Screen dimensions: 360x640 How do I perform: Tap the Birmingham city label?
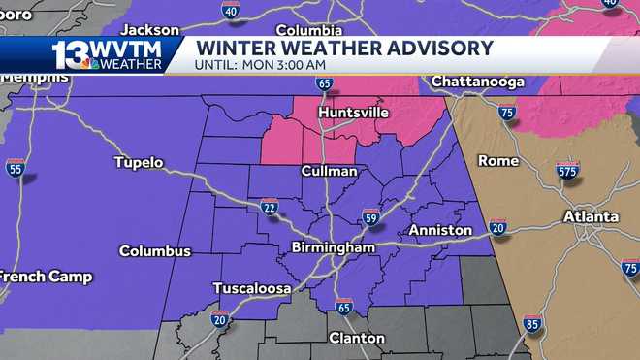(333, 247)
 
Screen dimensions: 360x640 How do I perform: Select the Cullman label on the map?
(328, 171)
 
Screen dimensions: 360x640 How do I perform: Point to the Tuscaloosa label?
(253, 287)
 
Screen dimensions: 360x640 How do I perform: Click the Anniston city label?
(440, 230)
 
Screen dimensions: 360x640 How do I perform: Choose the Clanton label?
(357, 338)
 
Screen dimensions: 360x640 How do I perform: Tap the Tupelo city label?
(139, 162)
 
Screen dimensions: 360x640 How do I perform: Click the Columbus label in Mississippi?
(155, 251)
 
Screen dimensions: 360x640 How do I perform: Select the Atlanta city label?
(592, 216)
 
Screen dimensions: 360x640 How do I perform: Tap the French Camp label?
(45, 277)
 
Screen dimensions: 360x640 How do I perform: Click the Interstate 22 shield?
(269, 206)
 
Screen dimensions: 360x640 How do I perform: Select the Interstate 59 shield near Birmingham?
(370, 216)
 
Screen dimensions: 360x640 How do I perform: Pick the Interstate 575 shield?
(568, 171)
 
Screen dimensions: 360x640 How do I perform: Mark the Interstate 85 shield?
(532, 323)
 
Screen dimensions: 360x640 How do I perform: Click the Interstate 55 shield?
(15, 167)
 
